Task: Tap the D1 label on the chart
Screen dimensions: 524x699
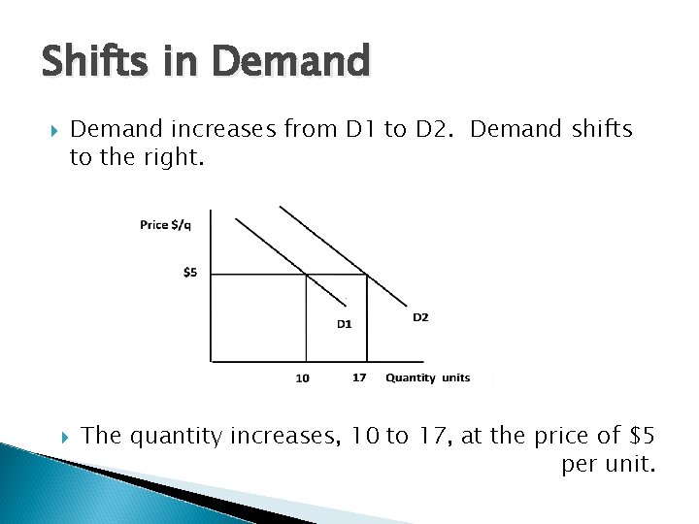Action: point(345,324)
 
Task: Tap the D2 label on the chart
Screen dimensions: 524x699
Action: point(420,317)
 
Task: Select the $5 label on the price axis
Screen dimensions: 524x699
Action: point(190,273)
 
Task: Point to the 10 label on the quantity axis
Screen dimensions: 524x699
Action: point(303,378)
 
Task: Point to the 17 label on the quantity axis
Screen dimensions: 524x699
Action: point(359,377)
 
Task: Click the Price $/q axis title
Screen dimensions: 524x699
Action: point(166,225)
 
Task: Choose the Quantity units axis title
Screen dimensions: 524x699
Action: point(427,377)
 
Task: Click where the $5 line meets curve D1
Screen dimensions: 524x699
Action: point(307,275)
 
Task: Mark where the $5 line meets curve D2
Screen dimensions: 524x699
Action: point(366,275)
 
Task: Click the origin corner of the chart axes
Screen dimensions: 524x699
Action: point(212,362)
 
